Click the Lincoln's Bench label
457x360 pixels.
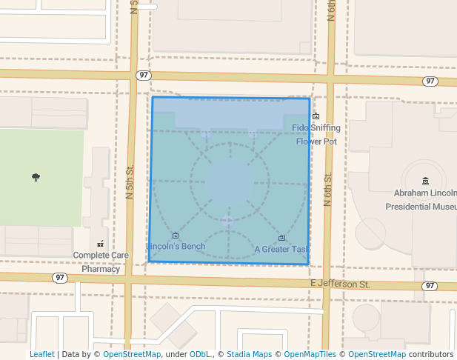(176, 246)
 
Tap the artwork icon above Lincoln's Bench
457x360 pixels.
(176, 236)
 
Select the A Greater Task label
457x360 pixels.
(281, 250)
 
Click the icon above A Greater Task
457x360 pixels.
(282, 238)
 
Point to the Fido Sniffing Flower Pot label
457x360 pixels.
(316, 134)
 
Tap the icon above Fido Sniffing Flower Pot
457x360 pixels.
(316, 116)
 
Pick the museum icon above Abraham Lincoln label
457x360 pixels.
(425, 181)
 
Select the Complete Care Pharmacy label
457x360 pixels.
(101, 262)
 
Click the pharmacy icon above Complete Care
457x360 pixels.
(101, 243)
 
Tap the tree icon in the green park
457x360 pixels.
(36, 177)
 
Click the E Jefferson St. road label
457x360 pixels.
(339, 284)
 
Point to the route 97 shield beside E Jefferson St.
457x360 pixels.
(430, 285)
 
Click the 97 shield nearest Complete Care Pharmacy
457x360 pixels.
(61, 277)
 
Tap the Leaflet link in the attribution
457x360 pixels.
(41, 354)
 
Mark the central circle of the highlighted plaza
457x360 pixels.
(228, 182)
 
